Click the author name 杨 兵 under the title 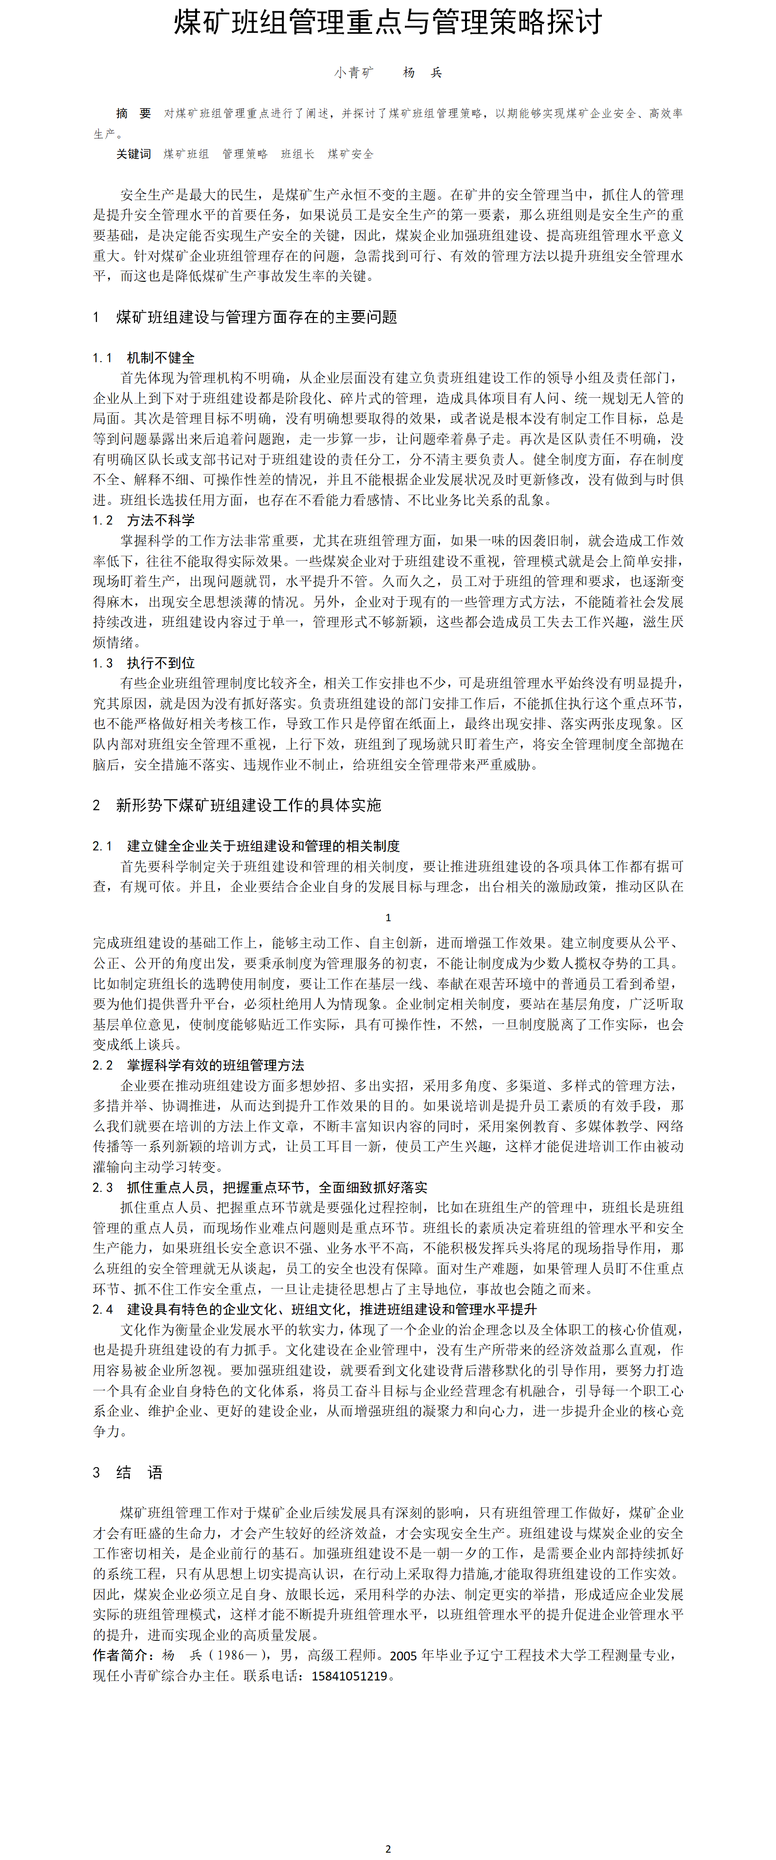[x=422, y=72]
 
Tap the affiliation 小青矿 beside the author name [x=354, y=72]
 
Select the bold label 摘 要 [x=133, y=113]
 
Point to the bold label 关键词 [x=133, y=154]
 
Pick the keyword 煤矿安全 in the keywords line [x=351, y=154]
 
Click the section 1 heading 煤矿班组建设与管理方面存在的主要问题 [x=256, y=317]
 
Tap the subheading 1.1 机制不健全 [x=144, y=358]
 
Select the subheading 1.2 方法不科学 [x=144, y=520]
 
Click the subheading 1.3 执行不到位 [x=144, y=663]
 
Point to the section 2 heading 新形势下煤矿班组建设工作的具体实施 [x=248, y=805]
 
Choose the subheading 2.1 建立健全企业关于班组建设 [x=246, y=845]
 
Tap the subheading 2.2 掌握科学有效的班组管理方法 [x=199, y=1065]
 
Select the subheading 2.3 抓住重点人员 [x=260, y=1187]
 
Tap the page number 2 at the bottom [x=388, y=1848]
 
